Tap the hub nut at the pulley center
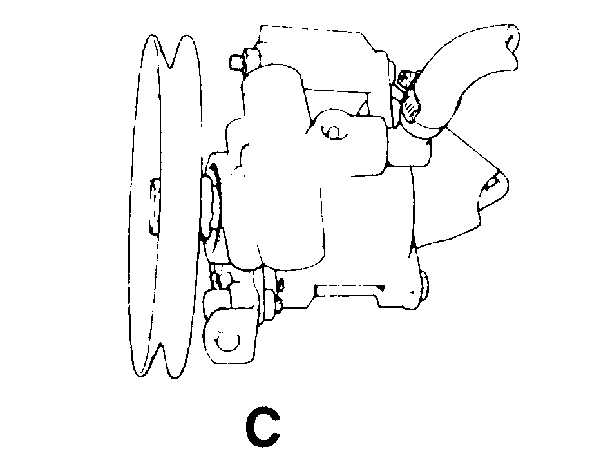point(154,206)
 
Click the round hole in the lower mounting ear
point(229,341)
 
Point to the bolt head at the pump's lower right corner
point(423,285)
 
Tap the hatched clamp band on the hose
point(410,109)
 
